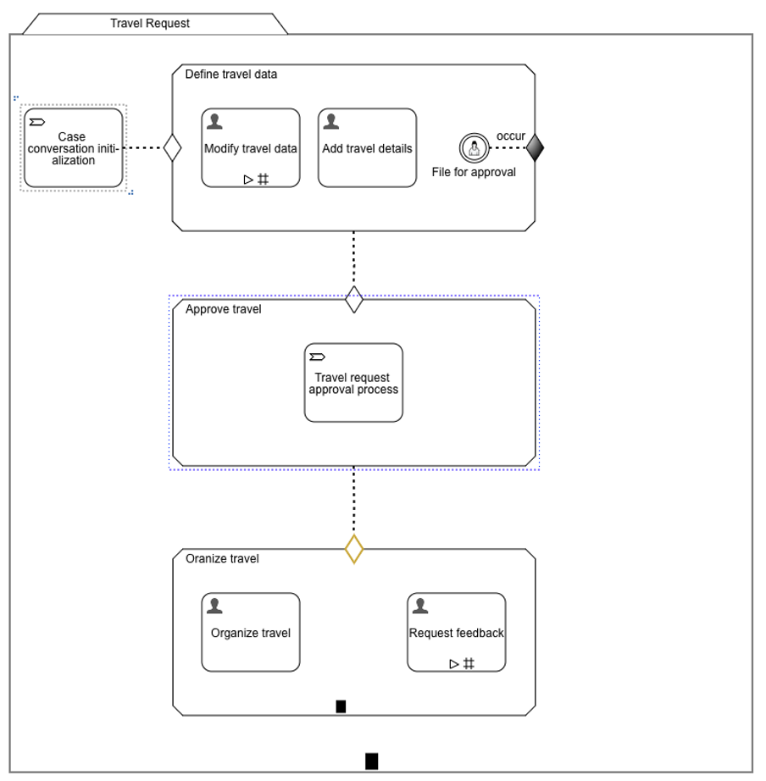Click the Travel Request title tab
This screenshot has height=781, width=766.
coord(150,24)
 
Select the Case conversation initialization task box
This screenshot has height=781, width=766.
coord(73,147)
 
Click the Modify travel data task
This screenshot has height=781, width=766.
coord(250,147)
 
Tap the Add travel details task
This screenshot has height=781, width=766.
coord(367,147)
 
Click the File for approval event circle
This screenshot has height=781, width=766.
coord(473,148)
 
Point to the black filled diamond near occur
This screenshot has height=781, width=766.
coord(535,148)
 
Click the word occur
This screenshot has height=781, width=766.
coord(511,136)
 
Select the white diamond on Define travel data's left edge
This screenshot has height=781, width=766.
coord(173,148)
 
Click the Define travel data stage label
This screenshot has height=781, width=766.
coord(230,75)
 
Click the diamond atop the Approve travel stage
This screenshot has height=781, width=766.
coord(354,299)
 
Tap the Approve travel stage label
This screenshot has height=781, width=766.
coord(223,309)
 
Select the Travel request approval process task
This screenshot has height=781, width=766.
coord(353,382)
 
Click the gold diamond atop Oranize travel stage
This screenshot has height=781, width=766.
coord(354,549)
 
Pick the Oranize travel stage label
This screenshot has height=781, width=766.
coord(222,559)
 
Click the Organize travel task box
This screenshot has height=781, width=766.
coord(250,632)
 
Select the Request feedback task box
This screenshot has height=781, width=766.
coord(456,632)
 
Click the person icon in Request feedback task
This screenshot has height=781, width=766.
coord(419,606)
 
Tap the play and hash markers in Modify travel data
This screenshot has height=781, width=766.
coord(256,179)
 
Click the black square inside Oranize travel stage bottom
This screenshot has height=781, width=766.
coord(341,706)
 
